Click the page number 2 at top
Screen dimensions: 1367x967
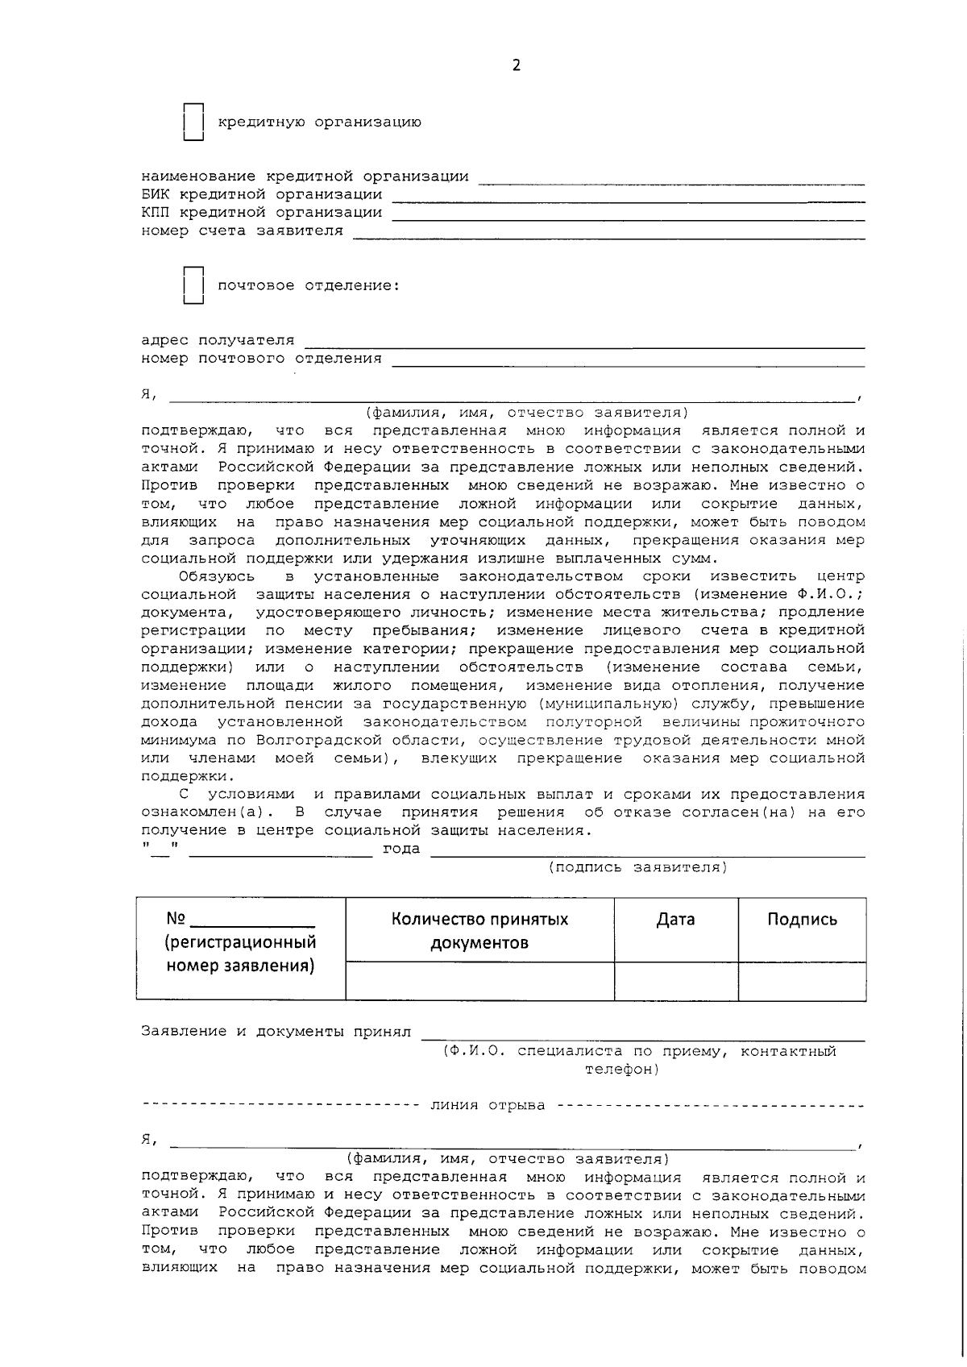pos(516,66)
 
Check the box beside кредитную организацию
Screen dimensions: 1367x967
pos(193,123)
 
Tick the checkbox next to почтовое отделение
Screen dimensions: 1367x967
pos(193,286)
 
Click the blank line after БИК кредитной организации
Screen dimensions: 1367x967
pos(628,194)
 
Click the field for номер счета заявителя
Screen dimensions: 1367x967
pos(608,231)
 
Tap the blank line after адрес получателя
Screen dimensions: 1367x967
pos(584,341)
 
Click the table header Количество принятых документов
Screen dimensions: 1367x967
pos(479,931)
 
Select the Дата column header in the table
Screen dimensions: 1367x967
pos(675,920)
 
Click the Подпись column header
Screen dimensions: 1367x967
pos(802,920)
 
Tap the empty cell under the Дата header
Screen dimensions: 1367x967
pos(675,981)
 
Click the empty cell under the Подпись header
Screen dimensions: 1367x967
pos(802,981)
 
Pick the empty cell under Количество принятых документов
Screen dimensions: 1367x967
pos(479,981)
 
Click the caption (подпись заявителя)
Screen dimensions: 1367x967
pos(637,867)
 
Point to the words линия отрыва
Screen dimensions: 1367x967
pos(487,1105)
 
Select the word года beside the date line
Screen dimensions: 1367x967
pos(400,849)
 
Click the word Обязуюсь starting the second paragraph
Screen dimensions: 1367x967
pos(217,576)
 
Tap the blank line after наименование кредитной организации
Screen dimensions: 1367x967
pos(670,177)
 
